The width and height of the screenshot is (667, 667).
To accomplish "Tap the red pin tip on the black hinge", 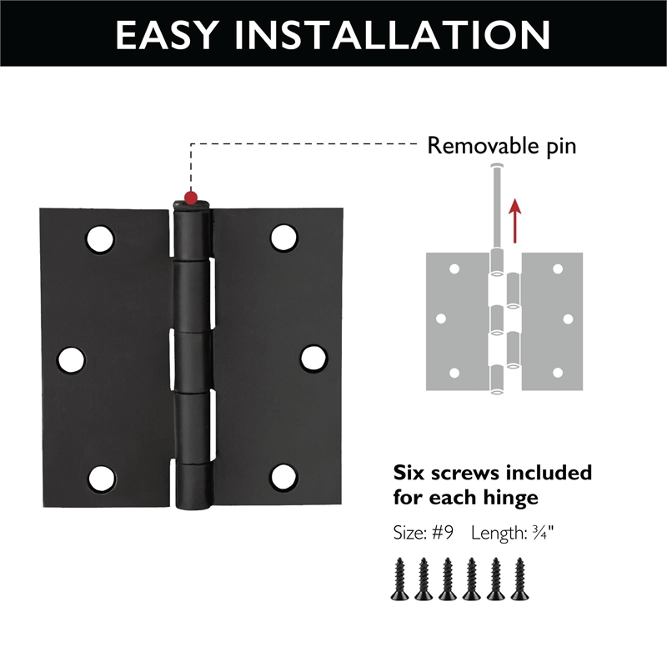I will [x=191, y=198].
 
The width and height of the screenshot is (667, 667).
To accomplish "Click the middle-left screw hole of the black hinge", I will [x=71, y=359].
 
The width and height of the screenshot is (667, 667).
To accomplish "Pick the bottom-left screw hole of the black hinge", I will [x=101, y=478].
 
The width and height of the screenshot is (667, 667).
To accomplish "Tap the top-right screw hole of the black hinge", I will [x=284, y=238].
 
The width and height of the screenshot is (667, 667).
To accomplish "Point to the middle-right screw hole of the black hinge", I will [x=313, y=358].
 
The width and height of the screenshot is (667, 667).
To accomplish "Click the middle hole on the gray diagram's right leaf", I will [x=568, y=318].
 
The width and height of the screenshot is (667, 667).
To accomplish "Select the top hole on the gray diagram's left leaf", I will [x=454, y=269].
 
